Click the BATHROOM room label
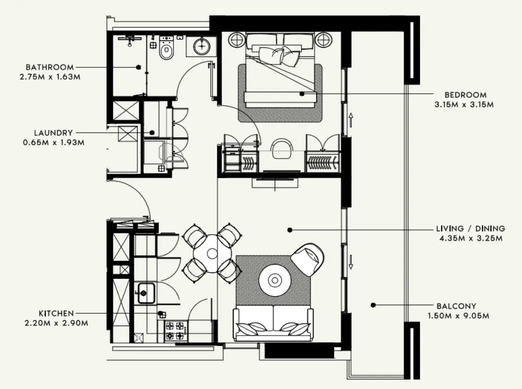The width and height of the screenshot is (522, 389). click(49, 67)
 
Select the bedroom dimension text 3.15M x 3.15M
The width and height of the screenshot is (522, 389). click(464, 104)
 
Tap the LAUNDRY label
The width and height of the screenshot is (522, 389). click(53, 133)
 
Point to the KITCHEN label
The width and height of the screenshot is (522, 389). click(56, 313)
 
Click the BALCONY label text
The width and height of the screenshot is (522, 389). click(457, 306)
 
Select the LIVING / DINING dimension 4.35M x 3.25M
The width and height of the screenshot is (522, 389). click(471, 238)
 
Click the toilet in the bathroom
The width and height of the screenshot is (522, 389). click(166, 48)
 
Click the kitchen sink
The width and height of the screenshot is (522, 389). click(146, 293)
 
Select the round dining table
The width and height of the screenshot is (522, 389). click(212, 254)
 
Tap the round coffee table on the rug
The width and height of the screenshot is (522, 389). click(275, 280)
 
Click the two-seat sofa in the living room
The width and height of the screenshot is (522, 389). click(273, 323)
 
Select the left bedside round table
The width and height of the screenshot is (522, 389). click(237, 40)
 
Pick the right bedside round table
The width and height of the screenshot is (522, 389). click(323, 40)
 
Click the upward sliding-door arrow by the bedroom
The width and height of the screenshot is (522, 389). click(351, 120)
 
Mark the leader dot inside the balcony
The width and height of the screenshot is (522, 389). click(373, 305)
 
